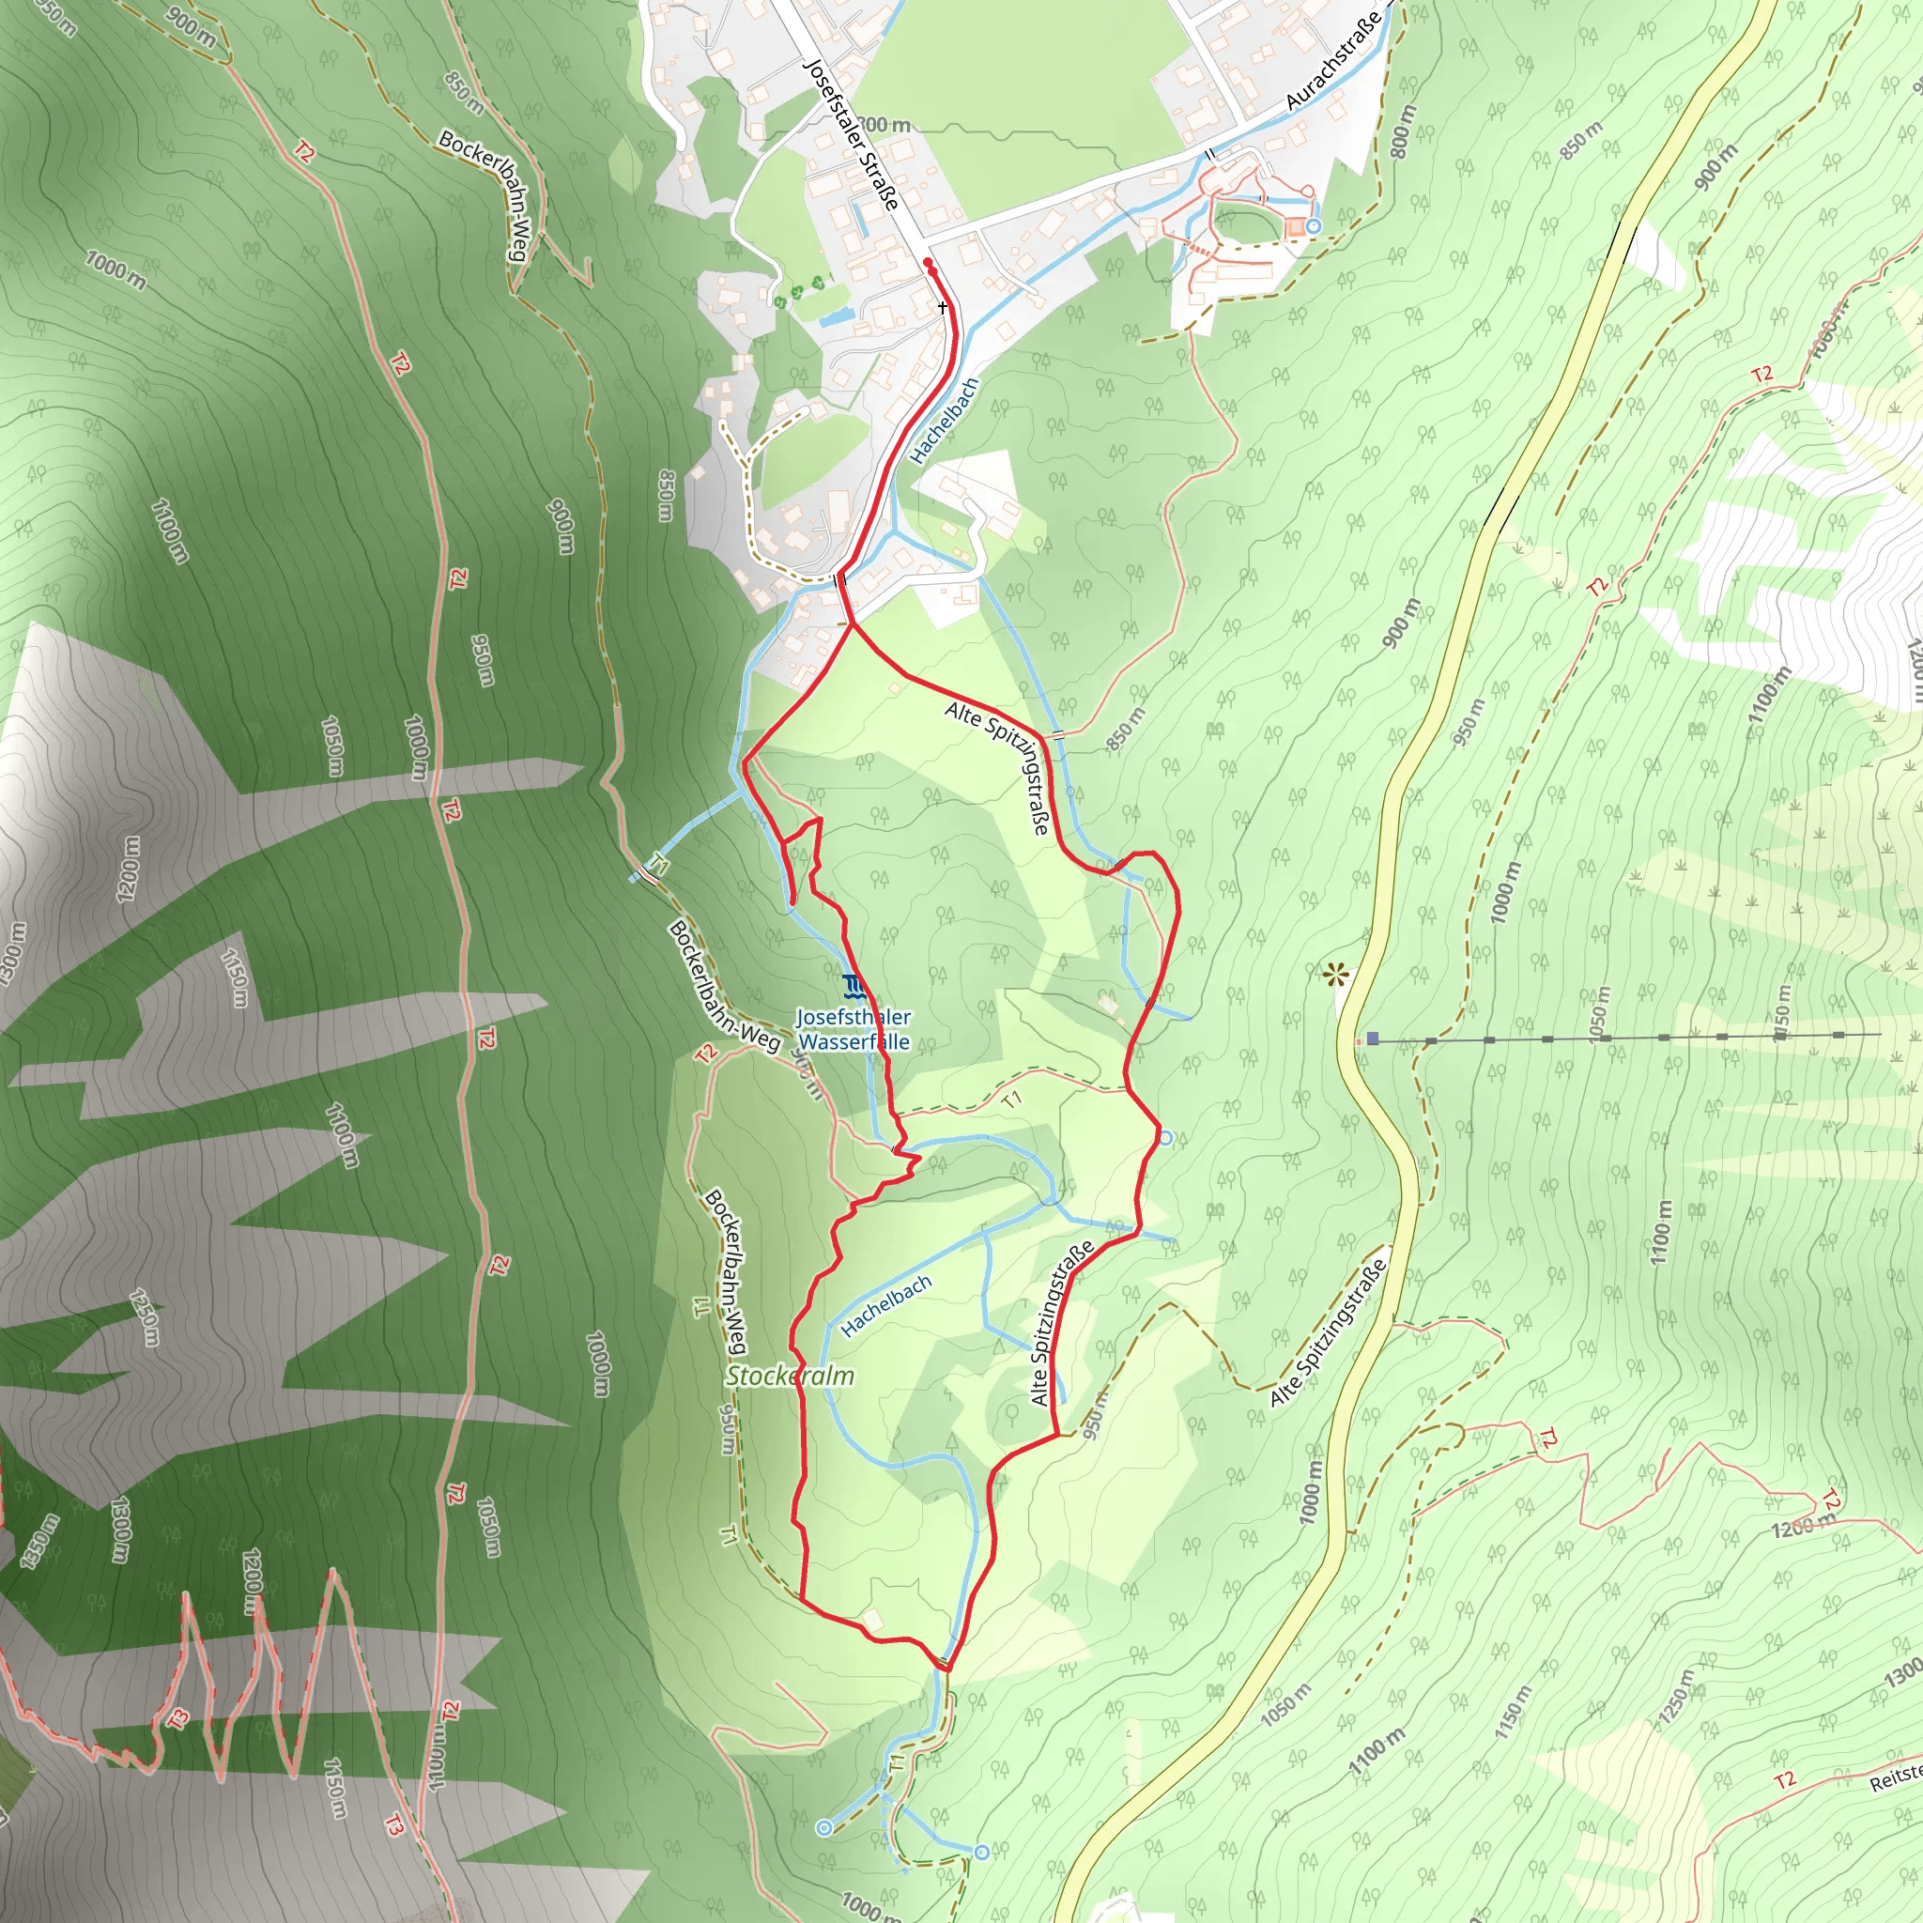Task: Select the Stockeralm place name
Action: (x=790, y=1376)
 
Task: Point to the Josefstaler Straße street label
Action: (x=851, y=134)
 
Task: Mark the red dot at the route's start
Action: (x=928, y=263)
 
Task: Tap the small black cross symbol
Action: (x=943, y=308)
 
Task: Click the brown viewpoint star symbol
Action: (x=1336, y=974)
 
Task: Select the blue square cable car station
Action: (x=1373, y=1038)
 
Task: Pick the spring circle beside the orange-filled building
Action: (x=1313, y=227)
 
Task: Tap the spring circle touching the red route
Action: (x=1165, y=1137)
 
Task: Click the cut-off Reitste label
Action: (x=1895, y=1777)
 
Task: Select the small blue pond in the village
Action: (x=834, y=317)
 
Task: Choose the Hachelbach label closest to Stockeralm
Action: (x=885, y=1305)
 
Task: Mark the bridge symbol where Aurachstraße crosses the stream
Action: (x=1210, y=153)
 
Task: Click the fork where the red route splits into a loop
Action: (x=852, y=625)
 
